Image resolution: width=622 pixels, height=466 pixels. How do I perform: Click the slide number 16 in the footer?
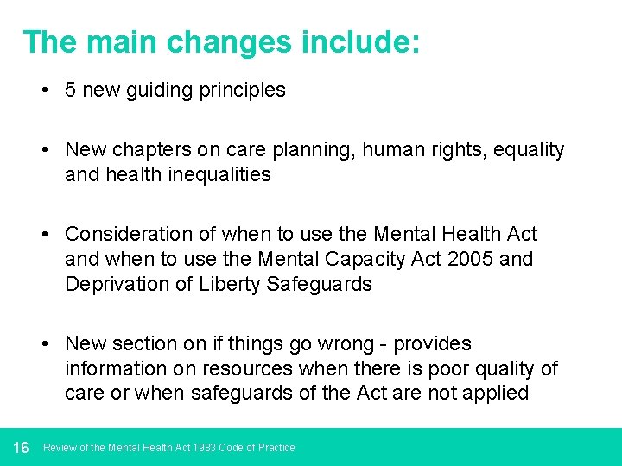click(x=22, y=447)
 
